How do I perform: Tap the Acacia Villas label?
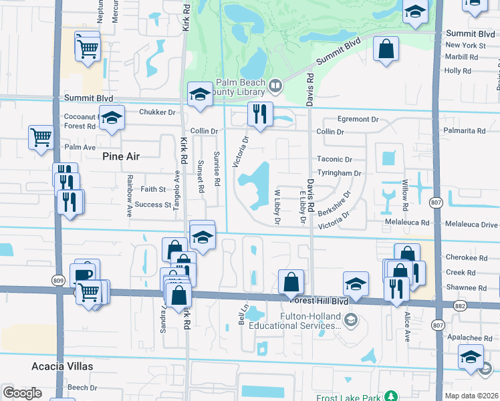(62, 366)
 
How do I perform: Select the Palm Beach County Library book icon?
(274, 85)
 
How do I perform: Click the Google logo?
(22, 392)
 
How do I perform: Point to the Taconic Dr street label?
(334, 160)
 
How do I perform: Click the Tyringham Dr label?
(339, 172)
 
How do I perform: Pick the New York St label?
(466, 45)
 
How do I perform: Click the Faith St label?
(152, 189)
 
